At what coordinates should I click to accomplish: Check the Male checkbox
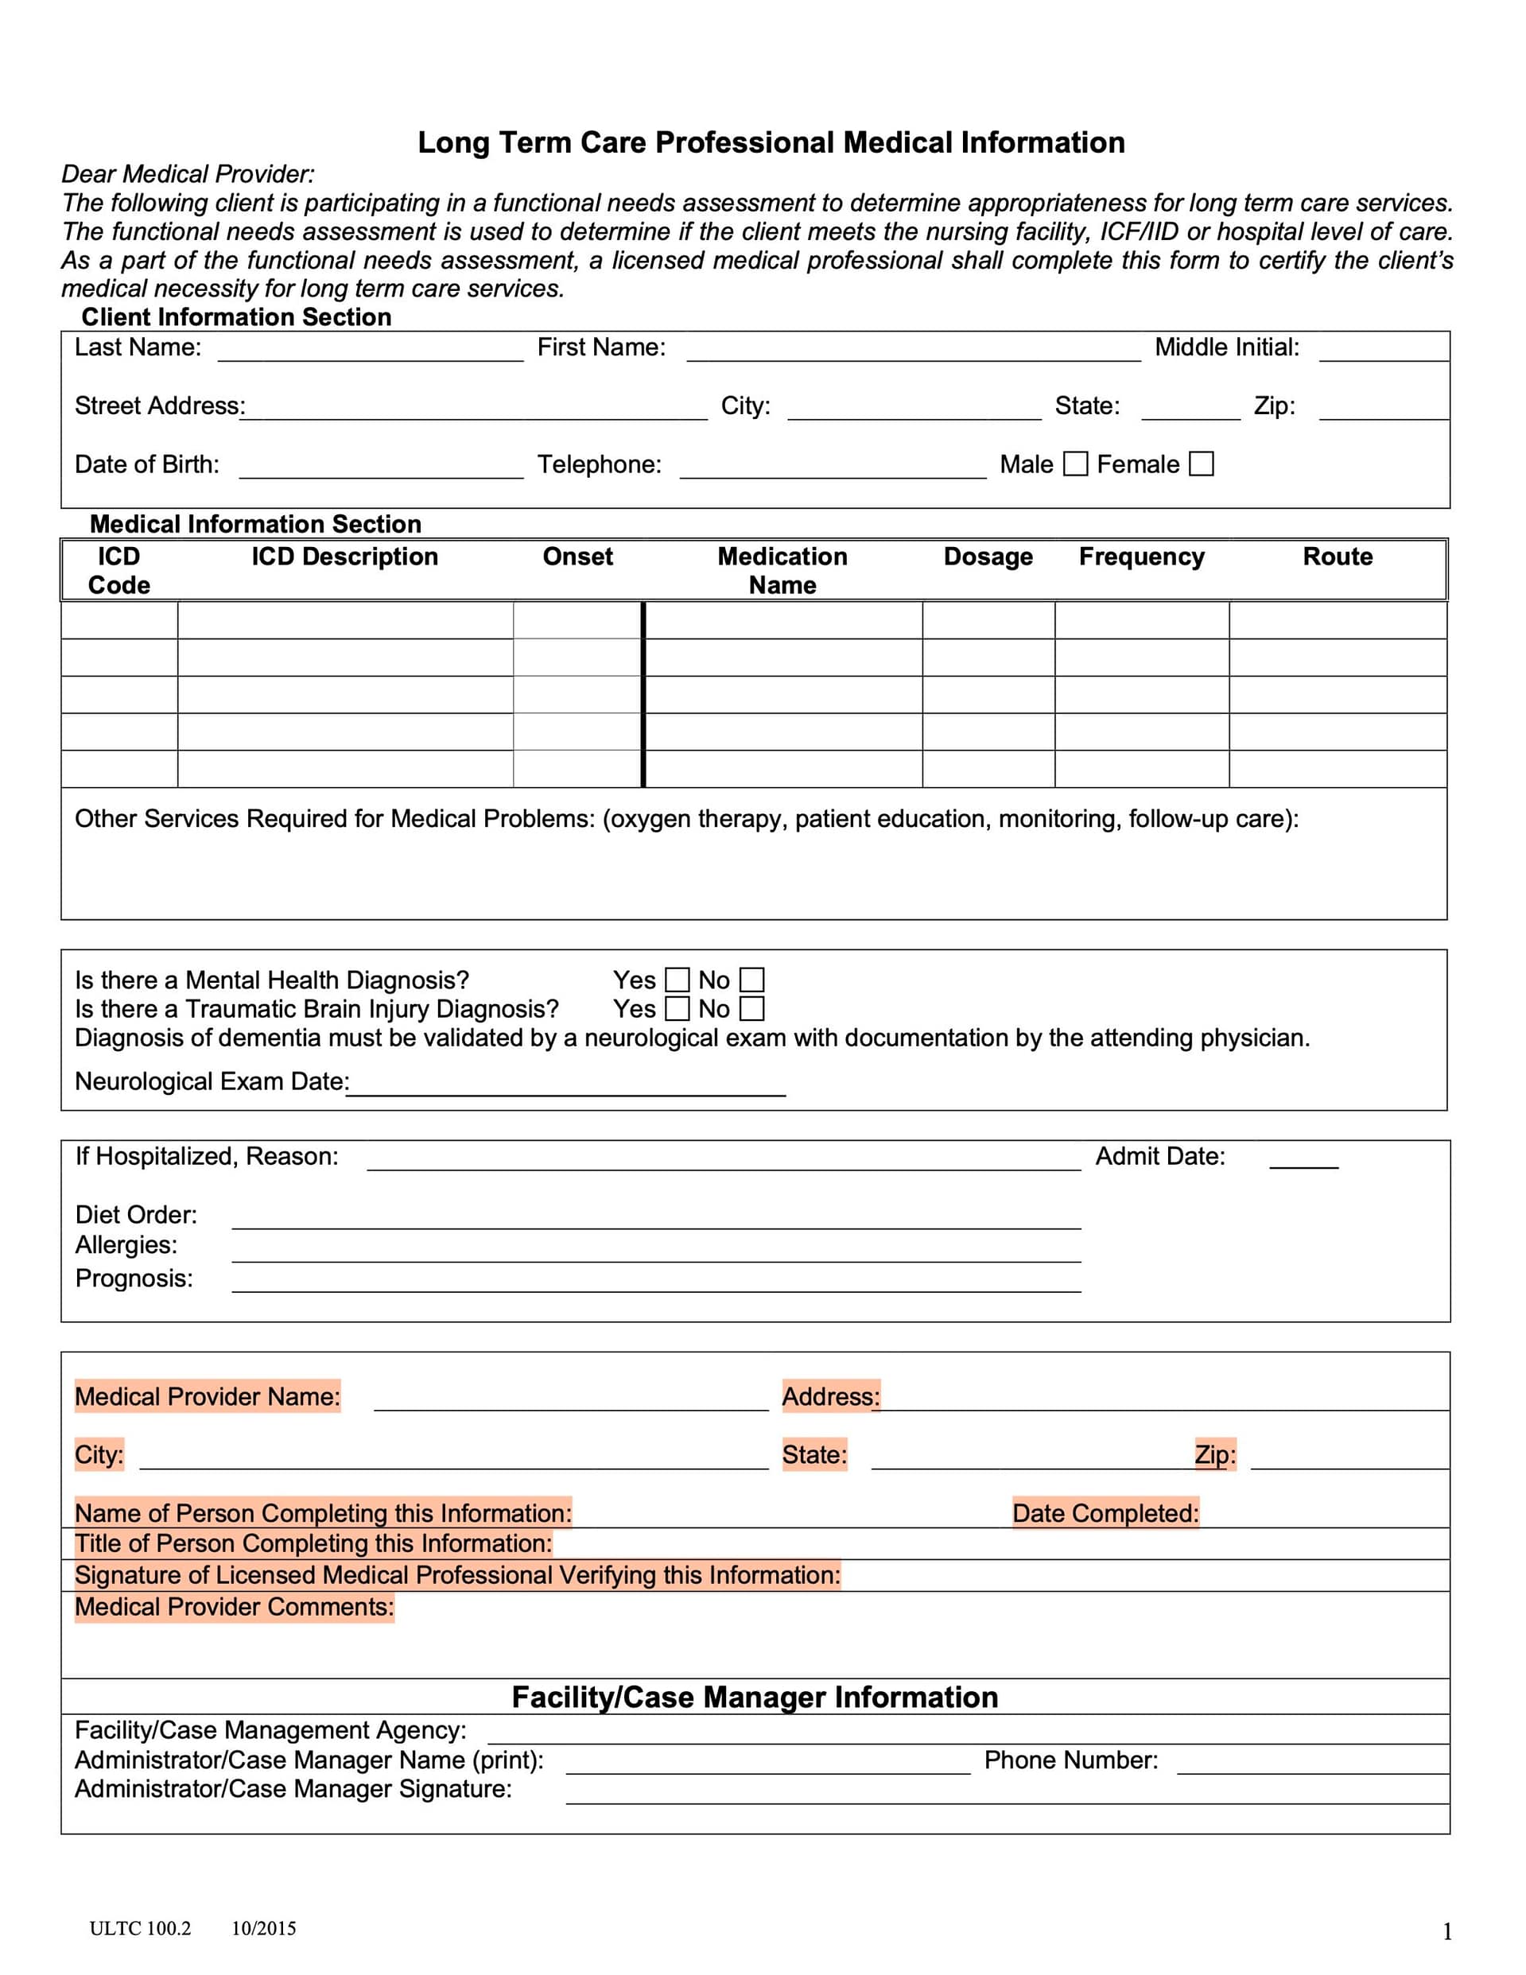(x=1074, y=464)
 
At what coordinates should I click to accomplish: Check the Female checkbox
(x=1200, y=464)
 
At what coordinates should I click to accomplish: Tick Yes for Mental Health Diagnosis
(x=677, y=980)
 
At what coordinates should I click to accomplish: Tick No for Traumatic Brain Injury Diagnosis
(x=751, y=1008)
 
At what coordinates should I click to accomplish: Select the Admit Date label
(x=1159, y=1157)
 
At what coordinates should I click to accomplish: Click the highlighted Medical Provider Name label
(x=207, y=1396)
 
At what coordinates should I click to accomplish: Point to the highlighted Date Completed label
(x=1105, y=1513)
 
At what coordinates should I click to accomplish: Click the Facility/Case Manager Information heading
(x=755, y=1698)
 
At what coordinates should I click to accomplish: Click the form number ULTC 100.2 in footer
(x=140, y=1928)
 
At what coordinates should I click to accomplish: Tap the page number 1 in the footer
(x=1447, y=1931)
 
